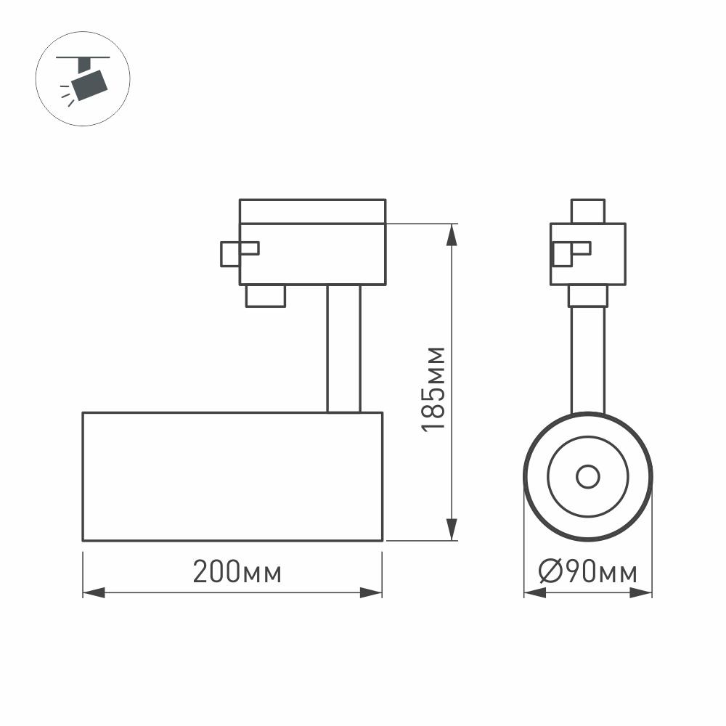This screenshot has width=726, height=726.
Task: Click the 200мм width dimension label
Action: (x=237, y=573)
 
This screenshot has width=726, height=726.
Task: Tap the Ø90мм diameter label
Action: (x=587, y=573)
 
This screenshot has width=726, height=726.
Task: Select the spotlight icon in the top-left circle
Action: (x=87, y=79)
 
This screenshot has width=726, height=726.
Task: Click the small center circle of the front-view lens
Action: (x=587, y=477)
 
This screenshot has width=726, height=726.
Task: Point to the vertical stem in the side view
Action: (x=343, y=348)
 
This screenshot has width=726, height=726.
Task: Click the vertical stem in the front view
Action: (x=587, y=359)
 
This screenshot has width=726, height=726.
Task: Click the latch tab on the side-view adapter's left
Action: (x=238, y=253)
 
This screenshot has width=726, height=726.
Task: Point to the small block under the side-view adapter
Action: (x=265, y=295)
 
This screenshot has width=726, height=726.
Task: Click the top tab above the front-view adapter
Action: (x=587, y=211)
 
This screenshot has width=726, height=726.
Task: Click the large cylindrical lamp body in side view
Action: (x=232, y=476)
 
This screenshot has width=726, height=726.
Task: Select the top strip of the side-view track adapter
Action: (x=312, y=211)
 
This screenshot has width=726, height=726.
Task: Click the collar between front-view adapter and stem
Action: (x=587, y=295)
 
